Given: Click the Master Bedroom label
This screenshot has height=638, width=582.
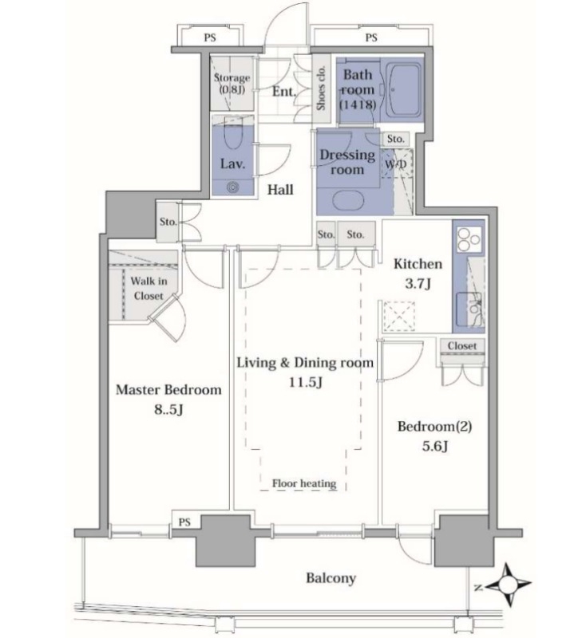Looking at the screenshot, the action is point(168,390).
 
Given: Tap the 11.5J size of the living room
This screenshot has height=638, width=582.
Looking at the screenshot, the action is point(306,383).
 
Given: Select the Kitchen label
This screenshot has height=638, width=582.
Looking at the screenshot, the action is point(418,264).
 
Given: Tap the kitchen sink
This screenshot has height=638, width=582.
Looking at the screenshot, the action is point(469,309).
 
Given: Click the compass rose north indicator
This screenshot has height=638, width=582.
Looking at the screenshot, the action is point(507,585).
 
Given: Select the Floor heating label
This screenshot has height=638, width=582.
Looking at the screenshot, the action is point(304,483).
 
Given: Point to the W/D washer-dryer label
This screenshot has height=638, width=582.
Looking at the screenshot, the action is point(395,164).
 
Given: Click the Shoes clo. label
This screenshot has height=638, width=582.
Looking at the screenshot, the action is point(322,88).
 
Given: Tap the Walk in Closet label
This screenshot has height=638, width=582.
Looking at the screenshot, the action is point(148,288).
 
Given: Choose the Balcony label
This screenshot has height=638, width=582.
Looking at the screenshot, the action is point(331,577).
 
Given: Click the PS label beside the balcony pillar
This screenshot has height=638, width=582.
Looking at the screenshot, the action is point(184,522).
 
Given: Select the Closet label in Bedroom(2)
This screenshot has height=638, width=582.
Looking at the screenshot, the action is point(462,346).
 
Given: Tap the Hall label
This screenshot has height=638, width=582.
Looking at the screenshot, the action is point(280,190).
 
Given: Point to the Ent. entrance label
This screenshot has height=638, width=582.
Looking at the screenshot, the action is point(284,92).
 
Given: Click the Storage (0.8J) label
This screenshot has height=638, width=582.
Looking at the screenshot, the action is point(232,84).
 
